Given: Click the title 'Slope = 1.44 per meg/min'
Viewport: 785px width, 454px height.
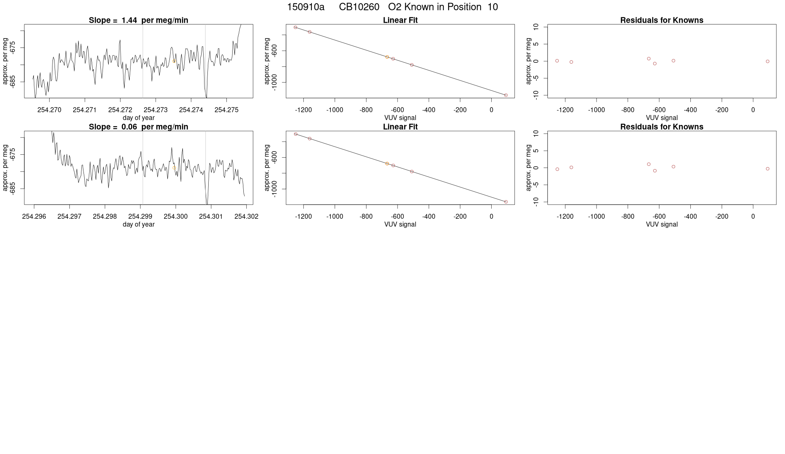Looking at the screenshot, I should point(138,20).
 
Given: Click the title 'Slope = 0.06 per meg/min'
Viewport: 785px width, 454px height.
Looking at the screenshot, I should point(138,127).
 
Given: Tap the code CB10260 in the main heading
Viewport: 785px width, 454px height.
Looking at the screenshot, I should point(359,7).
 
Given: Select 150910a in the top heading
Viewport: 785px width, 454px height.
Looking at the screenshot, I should point(306,7).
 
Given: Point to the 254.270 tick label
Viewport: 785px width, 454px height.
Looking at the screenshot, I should point(49,110).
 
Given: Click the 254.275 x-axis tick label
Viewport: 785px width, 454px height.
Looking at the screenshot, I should point(226,110).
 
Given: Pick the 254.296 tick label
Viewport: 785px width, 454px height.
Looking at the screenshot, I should point(34,216).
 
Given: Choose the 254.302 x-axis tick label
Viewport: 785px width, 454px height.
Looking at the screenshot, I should point(246,216).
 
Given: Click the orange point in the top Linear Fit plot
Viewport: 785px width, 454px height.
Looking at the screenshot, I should point(387,57).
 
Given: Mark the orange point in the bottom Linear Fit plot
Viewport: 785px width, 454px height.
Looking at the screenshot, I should point(387,164).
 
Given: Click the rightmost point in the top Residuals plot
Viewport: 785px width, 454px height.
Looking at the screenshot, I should point(768,61).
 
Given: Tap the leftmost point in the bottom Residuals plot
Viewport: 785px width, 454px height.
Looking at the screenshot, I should point(557,169).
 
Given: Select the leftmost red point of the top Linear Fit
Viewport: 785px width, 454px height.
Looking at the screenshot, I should point(295,27).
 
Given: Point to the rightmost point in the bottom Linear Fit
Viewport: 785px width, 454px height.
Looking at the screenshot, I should point(506,202).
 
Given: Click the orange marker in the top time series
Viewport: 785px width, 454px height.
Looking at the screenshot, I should point(174,61).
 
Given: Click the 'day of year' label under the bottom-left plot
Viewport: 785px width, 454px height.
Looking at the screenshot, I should point(138,224).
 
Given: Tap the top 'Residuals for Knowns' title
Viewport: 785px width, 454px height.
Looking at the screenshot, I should point(661,20).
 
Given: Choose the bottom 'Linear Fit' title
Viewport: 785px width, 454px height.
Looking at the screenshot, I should point(400,127).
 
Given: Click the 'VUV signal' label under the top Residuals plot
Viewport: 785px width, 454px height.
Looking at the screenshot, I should point(661,118).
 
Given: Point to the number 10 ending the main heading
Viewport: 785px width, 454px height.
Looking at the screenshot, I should point(492,7).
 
